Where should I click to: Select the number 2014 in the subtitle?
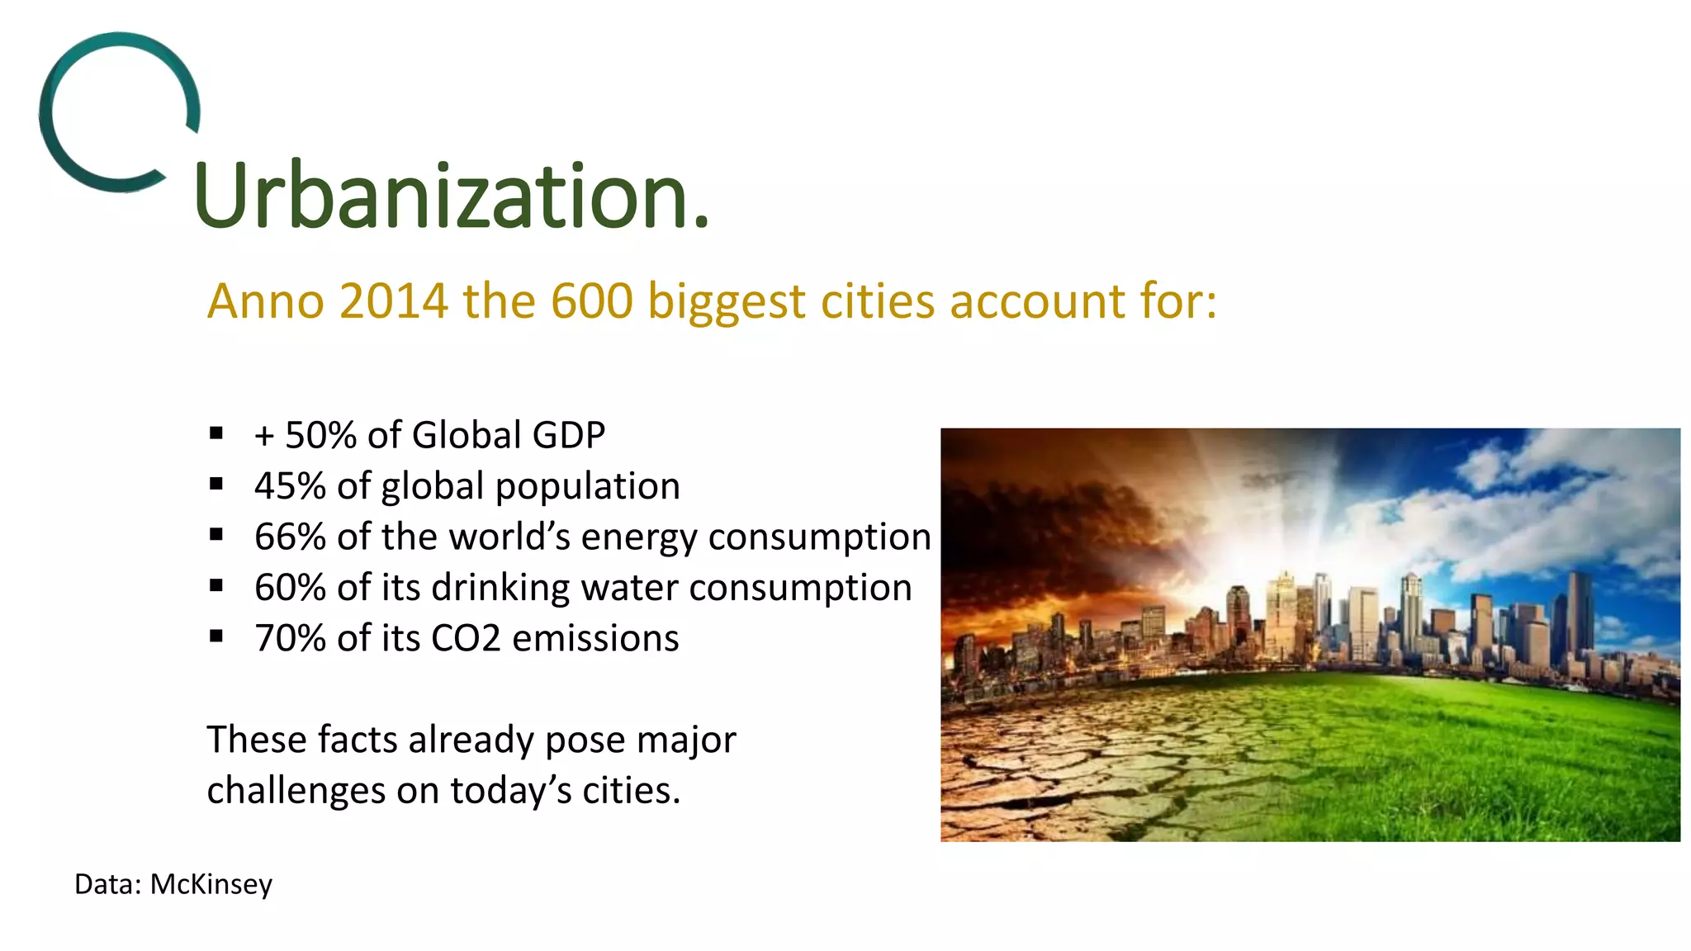coord(393,300)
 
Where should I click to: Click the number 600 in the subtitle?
coord(592,300)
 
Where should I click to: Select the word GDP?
coord(569,435)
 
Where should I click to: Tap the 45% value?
coord(290,486)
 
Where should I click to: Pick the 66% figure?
coord(290,537)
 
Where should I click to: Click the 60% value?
coord(290,588)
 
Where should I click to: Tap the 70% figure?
coord(290,638)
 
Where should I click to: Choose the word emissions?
coord(595,638)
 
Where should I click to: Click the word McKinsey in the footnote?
coord(211,885)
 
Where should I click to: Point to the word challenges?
coord(296,791)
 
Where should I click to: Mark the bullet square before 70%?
coord(216,636)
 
